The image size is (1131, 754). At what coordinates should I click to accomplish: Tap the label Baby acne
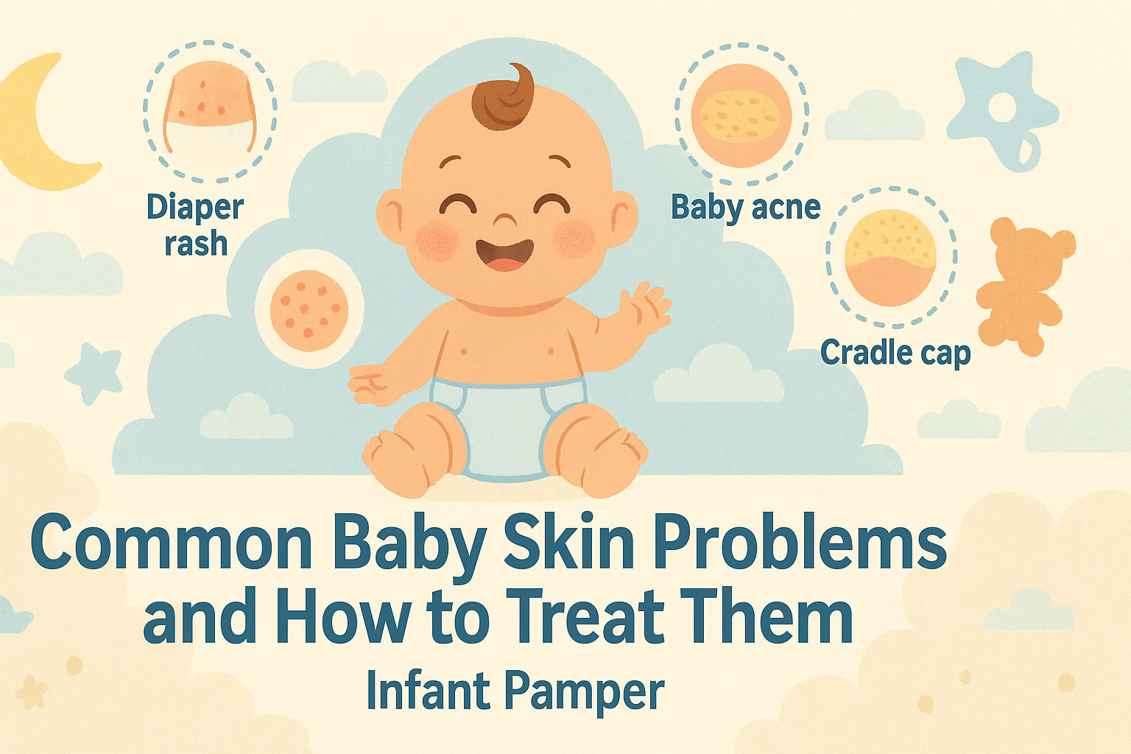(x=745, y=208)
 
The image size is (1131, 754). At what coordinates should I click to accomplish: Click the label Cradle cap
(x=895, y=353)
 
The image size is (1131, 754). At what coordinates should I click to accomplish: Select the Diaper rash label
(x=195, y=225)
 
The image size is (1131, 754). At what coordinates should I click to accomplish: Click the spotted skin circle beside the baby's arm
(x=309, y=311)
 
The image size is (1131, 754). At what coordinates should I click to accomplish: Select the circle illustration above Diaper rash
(x=210, y=111)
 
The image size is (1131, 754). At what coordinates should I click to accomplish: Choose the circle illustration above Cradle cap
(x=892, y=257)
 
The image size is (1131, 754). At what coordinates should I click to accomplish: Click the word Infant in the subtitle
(x=428, y=689)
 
